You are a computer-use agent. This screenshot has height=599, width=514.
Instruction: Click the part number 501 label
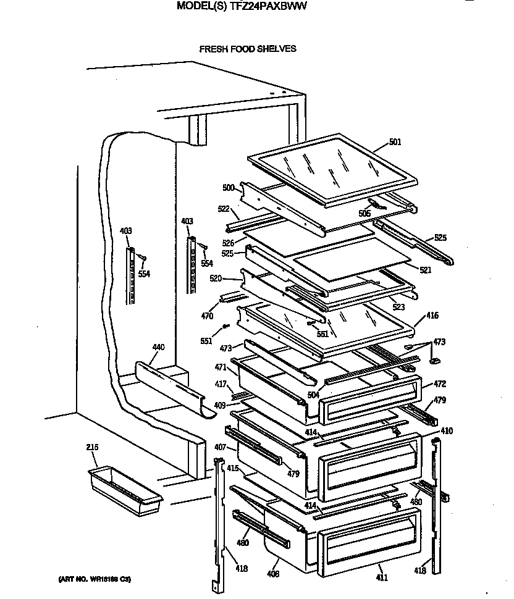395,142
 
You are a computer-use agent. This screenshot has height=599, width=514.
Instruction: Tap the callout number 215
92,447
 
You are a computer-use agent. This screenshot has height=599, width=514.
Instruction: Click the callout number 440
158,348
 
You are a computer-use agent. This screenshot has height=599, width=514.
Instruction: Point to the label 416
432,316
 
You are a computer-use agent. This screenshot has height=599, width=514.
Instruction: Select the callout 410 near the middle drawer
446,430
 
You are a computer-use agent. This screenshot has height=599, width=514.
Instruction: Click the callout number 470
206,317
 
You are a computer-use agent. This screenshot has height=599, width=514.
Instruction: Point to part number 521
426,269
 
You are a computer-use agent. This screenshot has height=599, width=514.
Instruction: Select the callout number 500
229,188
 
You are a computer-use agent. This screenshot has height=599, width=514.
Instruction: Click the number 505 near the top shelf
364,214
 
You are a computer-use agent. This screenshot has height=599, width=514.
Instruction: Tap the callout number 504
314,393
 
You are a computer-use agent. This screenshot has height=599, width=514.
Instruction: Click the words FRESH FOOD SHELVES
247,49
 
